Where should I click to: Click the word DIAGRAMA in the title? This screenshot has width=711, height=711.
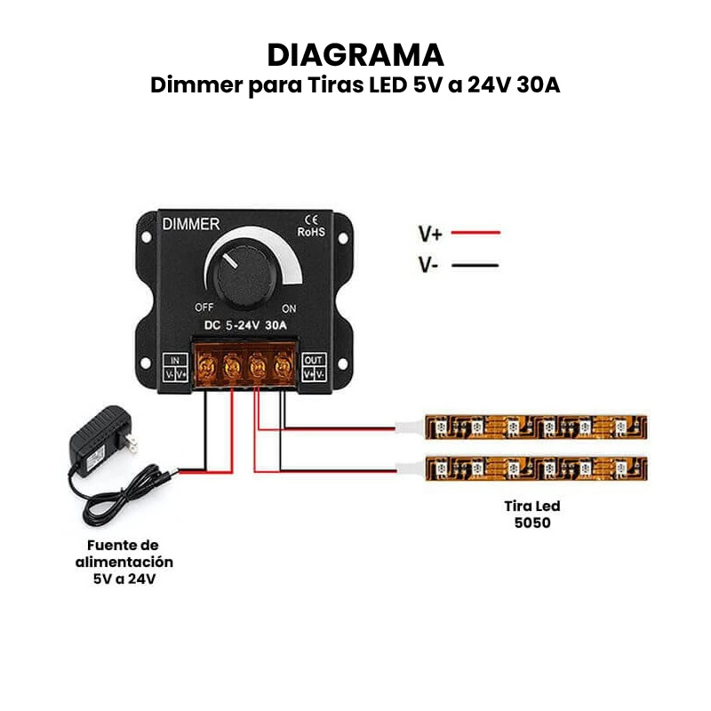(355, 54)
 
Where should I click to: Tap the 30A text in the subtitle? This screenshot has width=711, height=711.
(535, 86)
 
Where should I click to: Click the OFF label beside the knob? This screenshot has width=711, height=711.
(204, 307)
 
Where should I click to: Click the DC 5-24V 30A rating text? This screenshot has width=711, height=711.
(244, 325)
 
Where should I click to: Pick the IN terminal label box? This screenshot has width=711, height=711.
(175, 368)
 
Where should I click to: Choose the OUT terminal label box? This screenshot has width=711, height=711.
(314, 368)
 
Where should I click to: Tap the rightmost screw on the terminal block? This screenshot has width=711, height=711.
(284, 363)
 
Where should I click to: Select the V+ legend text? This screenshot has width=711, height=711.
(431, 234)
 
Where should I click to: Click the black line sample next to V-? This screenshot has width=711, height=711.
(475, 265)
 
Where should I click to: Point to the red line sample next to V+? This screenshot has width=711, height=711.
(475, 233)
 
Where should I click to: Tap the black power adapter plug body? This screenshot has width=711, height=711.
(100, 436)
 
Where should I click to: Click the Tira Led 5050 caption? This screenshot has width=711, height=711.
(532, 515)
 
